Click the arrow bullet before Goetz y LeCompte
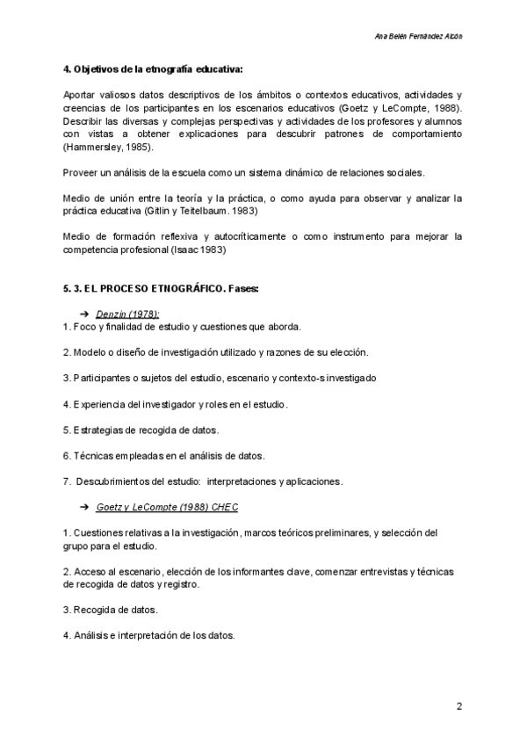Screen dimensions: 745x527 click(x=85, y=507)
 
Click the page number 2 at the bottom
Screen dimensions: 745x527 click(x=458, y=706)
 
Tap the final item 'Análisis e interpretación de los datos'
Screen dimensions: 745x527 click(x=153, y=635)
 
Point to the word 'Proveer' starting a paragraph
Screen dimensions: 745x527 click(x=82, y=171)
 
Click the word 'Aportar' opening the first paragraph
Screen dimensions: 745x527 click(x=82, y=94)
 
